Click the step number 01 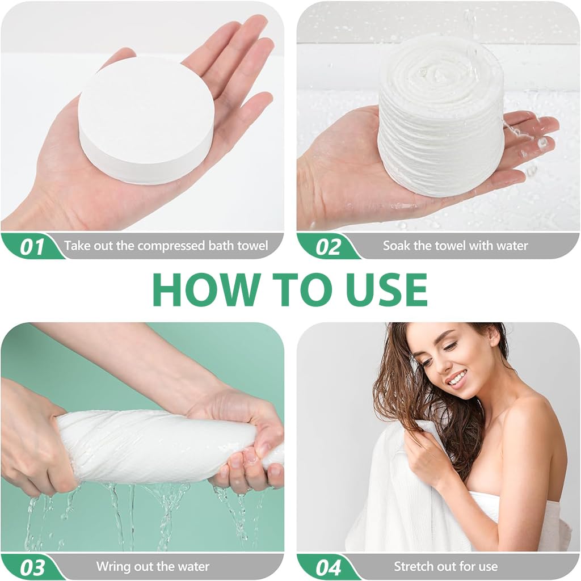[32, 247]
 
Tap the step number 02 [328, 247]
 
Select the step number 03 [32, 567]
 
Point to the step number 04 [329, 567]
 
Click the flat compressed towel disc [146, 120]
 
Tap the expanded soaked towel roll [441, 117]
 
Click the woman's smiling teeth [457, 378]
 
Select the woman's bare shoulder [526, 419]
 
